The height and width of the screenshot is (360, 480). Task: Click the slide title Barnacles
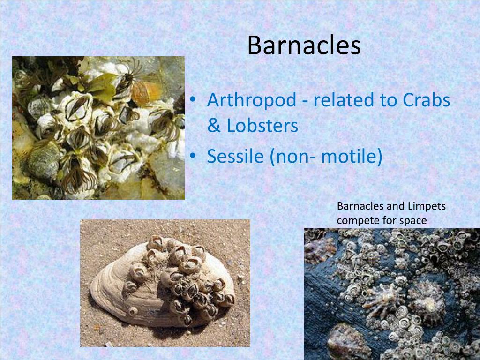click(304, 45)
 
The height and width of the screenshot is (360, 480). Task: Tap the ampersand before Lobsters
click(214, 126)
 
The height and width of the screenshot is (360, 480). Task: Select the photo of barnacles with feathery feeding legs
click(98, 128)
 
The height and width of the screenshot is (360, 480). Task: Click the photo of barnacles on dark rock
click(392, 294)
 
